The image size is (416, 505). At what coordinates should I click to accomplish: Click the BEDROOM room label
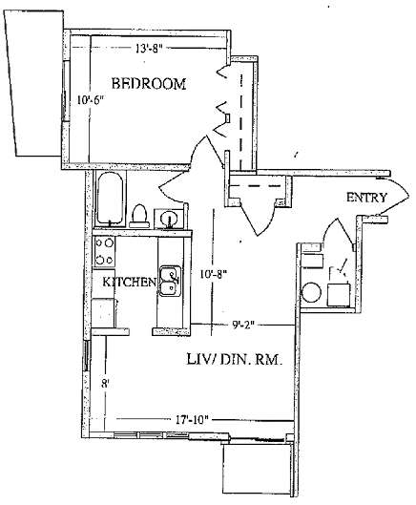click(149, 84)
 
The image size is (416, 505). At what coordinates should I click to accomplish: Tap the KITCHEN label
click(129, 283)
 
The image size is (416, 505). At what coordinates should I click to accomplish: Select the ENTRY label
click(366, 197)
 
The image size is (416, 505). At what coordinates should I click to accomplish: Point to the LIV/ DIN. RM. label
click(235, 359)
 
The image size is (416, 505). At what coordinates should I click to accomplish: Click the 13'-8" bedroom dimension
click(148, 49)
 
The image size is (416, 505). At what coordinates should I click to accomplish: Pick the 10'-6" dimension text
click(91, 100)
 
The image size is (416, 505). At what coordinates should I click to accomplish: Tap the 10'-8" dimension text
click(214, 274)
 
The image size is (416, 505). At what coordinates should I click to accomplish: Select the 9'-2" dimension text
click(243, 325)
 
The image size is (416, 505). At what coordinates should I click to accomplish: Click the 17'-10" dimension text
click(192, 420)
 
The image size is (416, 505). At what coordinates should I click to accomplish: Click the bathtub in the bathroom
click(110, 199)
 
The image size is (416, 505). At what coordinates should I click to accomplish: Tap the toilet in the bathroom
click(139, 216)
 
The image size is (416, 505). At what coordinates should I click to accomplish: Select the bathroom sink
click(169, 219)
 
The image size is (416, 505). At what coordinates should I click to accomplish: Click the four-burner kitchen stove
click(105, 251)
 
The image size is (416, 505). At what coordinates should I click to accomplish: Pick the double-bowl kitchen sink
click(170, 281)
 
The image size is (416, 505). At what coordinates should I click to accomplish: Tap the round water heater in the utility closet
click(311, 292)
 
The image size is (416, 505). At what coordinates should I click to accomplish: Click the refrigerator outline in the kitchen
click(104, 313)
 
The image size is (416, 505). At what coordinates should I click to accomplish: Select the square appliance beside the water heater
click(339, 295)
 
